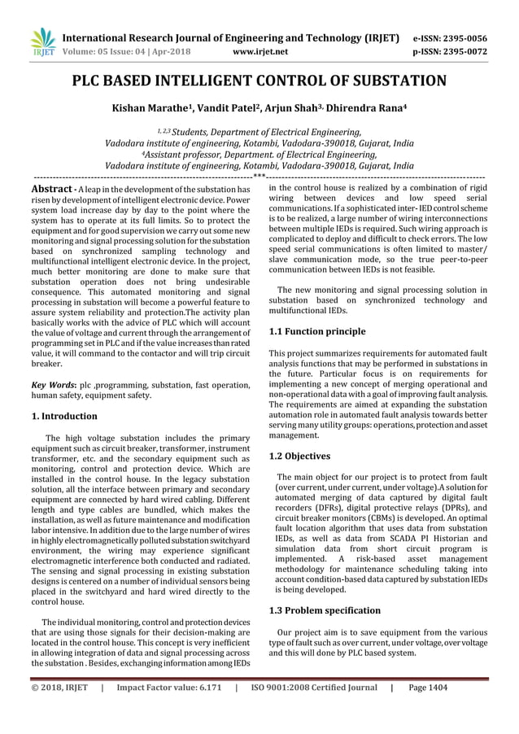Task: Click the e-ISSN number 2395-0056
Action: (463, 37)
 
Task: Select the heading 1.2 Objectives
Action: (299, 456)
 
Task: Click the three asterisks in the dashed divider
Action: (259, 177)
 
